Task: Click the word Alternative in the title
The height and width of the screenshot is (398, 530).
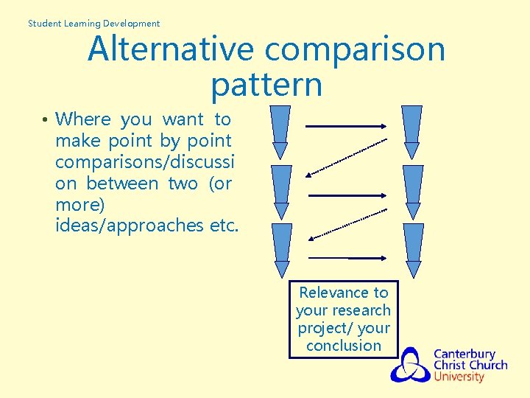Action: point(172,49)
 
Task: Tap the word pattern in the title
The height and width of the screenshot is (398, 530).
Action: point(266,85)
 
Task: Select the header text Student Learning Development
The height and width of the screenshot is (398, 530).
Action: point(93,24)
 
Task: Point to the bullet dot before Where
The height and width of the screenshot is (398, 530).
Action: point(45,120)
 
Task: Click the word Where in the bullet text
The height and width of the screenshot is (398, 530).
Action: point(83,119)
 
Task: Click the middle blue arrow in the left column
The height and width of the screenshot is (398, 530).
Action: point(281,192)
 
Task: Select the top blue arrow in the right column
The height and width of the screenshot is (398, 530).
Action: point(412,132)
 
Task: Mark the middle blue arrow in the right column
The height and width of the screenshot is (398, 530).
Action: point(413,192)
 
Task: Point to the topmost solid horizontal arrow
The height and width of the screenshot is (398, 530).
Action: point(346,126)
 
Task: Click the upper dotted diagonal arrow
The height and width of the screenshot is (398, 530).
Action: point(346,157)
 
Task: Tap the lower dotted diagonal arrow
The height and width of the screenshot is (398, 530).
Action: point(346,225)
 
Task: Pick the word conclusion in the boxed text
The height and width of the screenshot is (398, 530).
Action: point(344,346)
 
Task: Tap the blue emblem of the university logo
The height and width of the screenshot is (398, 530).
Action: point(410,365)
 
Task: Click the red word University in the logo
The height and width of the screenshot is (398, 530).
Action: point(459,377)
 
